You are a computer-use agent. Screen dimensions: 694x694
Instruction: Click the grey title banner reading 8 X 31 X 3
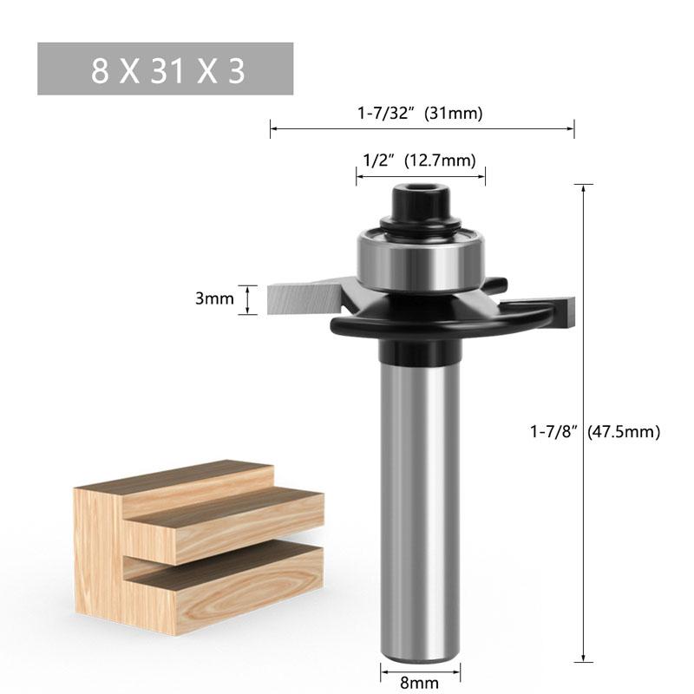point(165,69)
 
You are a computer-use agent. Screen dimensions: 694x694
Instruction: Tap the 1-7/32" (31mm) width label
point(422,112)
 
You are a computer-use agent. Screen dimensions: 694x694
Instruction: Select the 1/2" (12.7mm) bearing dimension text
point(420,160)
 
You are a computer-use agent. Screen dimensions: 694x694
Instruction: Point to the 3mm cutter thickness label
point(214,299)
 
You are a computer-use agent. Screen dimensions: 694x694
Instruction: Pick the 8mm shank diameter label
point(420,684)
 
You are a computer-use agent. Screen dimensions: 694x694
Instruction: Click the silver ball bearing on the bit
point(420,260)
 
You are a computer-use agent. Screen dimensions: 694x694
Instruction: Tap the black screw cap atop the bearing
point(420,204)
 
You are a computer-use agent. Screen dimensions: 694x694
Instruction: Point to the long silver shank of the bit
point(420,503)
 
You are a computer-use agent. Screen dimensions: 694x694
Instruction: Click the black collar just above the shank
point(420,351)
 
